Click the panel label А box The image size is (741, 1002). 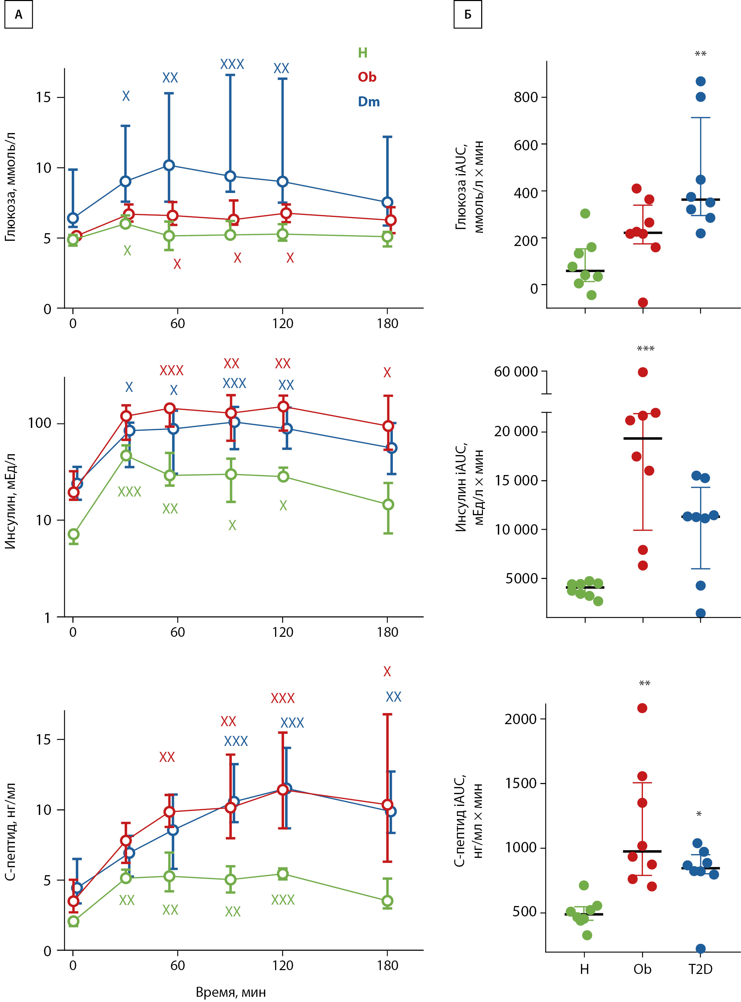coord(18,15)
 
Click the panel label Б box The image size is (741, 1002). coord(467,15)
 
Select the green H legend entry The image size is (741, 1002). coord(362,53)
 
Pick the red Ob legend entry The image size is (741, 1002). coord(367,77)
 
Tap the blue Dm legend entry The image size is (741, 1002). coord(369,102)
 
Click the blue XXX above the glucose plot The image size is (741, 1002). coord(232,64)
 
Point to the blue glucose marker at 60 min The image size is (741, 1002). coord(169,166)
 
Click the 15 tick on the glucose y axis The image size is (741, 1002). coord(44,97)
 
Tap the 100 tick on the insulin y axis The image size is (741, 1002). coord(39,423)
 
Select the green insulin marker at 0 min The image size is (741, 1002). coord(73,534)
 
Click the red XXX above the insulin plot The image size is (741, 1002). coord(171,370)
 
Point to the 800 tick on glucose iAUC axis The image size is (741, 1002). coord(526,97)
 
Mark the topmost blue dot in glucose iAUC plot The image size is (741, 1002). coord(700,81)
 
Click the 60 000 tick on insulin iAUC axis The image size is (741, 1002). coord(516,371)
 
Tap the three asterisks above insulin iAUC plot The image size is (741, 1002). coord(645,349)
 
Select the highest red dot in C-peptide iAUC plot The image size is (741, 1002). coord(642,708)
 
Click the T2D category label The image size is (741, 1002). coord(700,969)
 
